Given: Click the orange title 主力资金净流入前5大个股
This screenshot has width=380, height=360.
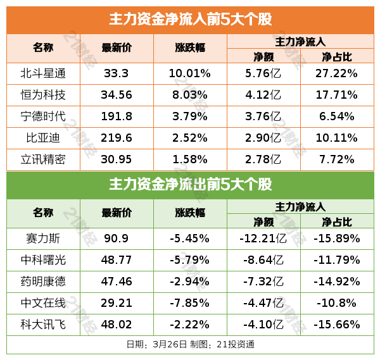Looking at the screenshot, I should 190,20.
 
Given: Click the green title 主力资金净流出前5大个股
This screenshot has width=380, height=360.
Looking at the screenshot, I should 190,185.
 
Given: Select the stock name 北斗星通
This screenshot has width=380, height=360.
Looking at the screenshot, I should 44,74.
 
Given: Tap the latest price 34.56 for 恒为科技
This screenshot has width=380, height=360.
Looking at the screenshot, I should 117,96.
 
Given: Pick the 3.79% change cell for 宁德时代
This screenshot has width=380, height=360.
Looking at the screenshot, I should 190,116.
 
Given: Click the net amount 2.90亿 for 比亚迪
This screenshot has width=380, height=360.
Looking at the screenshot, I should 263,138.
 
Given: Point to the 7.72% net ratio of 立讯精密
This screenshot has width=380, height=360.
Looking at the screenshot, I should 337,159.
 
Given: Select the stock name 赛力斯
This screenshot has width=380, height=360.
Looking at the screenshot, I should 44,239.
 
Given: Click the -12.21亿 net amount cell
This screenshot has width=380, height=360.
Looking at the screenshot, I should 263,239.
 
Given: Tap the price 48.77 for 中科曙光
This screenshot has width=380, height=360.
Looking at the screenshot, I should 117,260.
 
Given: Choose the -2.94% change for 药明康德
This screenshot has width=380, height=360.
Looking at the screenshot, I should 190,282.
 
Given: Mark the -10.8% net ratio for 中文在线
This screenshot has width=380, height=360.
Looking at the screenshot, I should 337,303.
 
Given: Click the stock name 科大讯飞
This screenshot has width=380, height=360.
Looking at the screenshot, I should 44,324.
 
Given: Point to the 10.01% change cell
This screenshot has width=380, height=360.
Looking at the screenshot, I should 190,74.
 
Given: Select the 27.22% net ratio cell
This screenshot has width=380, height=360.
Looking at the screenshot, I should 337,74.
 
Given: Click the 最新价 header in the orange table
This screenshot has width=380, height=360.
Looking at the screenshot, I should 117,48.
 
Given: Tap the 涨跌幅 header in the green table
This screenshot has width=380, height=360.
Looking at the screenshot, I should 190,213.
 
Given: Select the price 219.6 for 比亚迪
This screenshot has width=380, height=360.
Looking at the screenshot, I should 117,138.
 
